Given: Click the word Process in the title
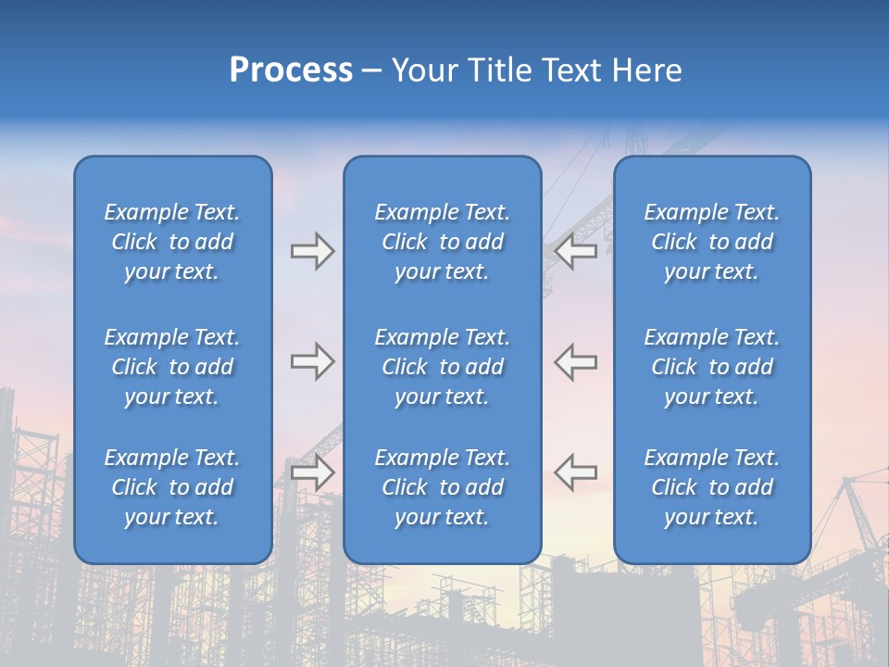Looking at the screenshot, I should [291, 70].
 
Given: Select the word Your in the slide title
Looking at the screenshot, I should [423, 70].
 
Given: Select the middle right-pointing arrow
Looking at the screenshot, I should [312, 362].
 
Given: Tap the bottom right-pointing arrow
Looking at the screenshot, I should [312, 472].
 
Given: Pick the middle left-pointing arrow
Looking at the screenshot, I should [575, 362].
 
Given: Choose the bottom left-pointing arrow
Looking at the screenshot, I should [575, 472].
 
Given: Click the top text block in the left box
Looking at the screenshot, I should [172, 242].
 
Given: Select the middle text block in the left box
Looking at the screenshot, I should [172, 367].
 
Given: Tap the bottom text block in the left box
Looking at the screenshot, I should [172, 487].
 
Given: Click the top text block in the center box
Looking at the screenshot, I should [442, 242].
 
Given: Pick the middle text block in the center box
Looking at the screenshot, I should [442, 367].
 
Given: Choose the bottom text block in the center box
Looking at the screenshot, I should [442, 487].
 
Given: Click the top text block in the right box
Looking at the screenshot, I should [711, 242].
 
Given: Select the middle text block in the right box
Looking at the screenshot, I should [711, 367].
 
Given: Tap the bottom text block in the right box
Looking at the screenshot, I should [711, 487].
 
